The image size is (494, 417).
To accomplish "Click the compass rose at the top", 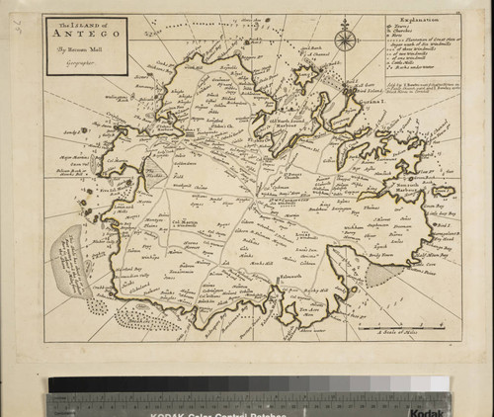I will (x=345, y=40).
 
